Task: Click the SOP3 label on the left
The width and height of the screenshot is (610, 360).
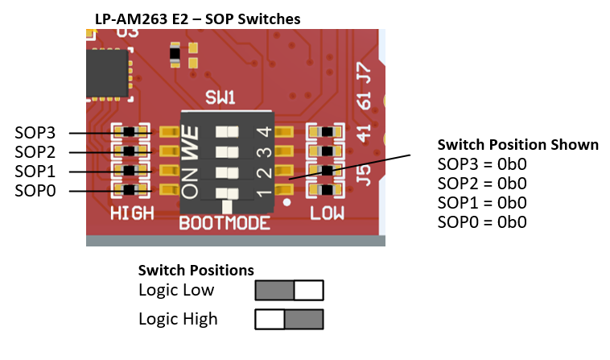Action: pyautogui.click(x=36, y=133)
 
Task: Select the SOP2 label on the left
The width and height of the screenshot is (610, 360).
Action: pyautogui.click(x=36, y=152)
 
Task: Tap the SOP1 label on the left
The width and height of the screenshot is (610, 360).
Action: pyautogui.click(x=36, y=172)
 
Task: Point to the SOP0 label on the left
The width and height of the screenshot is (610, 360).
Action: pyautogui.click(x=36, y=191)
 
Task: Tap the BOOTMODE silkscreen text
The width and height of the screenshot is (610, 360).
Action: pyautogui.click(x=225, y=222)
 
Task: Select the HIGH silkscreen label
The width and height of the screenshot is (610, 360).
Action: pyautogui.click(x=132, y=213)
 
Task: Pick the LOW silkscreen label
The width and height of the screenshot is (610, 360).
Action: pyautogui.click(x=328, y=213)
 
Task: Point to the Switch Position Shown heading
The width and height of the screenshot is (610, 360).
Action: pyautogui.click(x=517, y=145)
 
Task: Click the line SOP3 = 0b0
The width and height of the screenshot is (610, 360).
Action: pyautogui.click(x=482, y=164)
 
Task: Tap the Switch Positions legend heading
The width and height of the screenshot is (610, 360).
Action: pyautogui.click(x=196, y=270)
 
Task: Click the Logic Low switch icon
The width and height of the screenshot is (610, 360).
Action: pyautogui.click(x=289, y=290)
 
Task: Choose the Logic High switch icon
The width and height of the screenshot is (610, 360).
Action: pyautogui.click(x=289, y=319)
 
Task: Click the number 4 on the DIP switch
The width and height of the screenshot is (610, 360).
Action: pyautogui.click(x=262, y=132)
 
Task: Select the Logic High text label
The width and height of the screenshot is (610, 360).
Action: pyautogui.click(x=178, y=319)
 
